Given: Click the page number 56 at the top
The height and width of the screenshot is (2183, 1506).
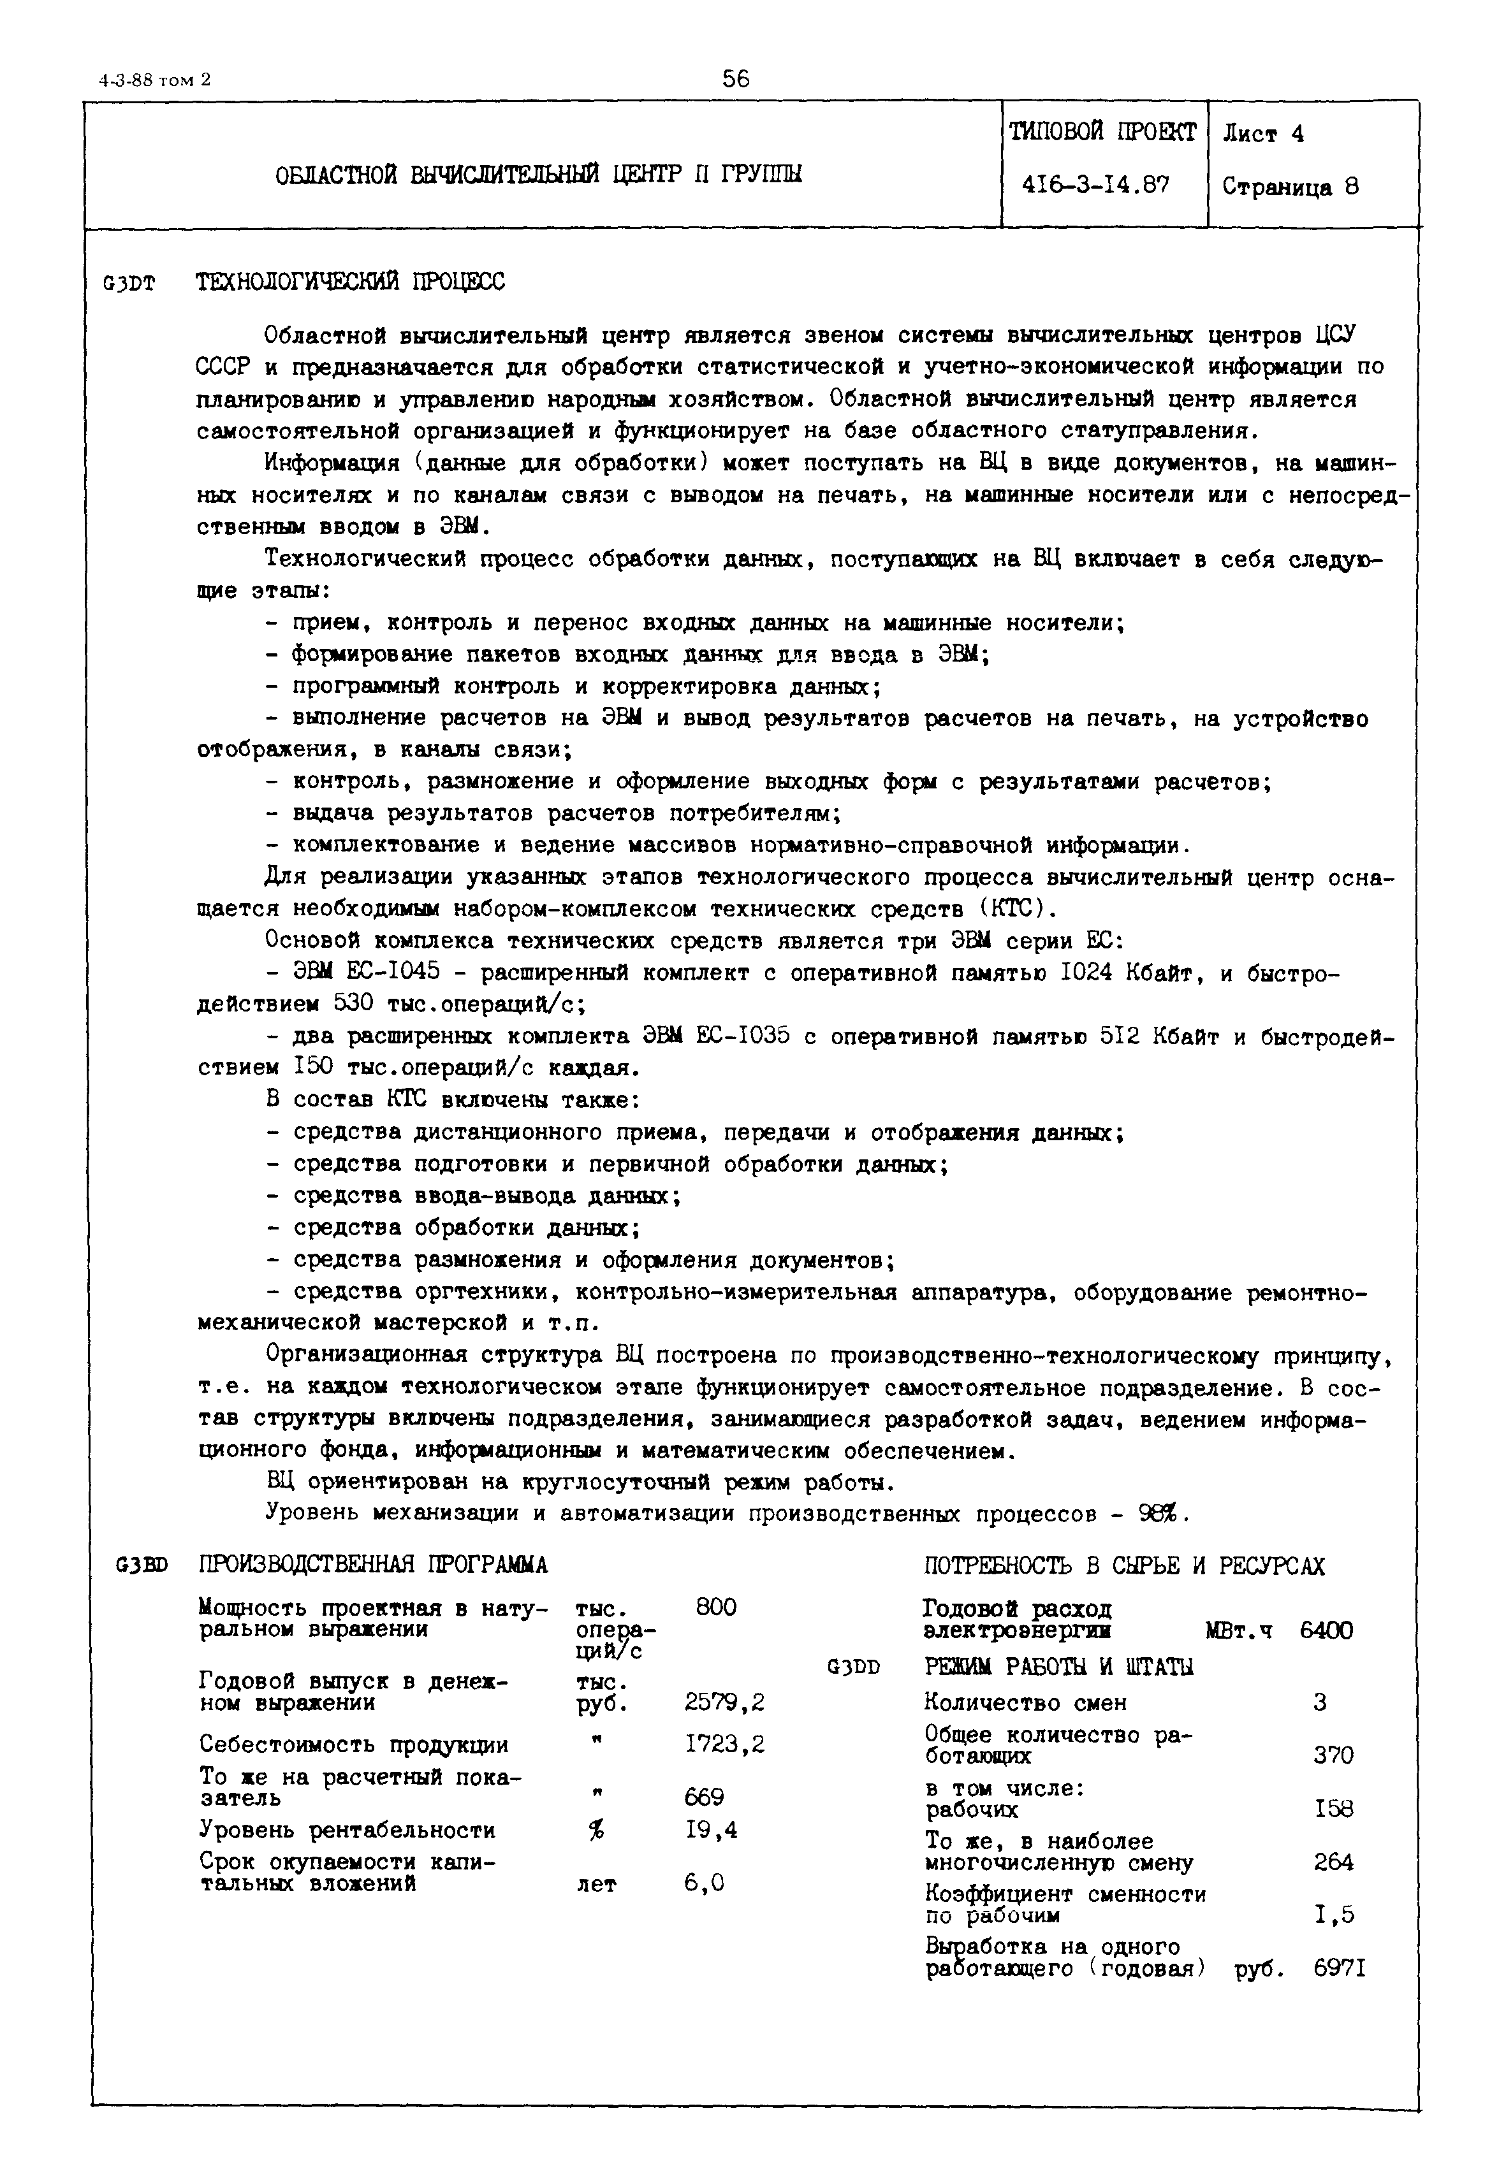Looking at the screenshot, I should pos(735,79).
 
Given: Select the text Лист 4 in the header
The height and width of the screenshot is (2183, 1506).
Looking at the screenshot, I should pos(1264,134).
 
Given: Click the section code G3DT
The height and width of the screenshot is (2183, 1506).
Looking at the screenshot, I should pos(129,283).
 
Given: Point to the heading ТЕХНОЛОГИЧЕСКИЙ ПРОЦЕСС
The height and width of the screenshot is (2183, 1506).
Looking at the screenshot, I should pos(350,282).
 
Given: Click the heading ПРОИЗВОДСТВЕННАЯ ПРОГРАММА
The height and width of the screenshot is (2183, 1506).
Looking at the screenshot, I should pos(374,1565).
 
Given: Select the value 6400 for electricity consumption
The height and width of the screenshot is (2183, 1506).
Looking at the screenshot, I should pos(1326,1630).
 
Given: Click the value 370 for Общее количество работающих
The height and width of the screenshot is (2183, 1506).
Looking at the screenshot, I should pos(1333,1756).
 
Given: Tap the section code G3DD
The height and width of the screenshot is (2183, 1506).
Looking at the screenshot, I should pos(853,1667).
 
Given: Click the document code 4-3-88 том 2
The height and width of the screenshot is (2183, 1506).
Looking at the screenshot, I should pos(156,81).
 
